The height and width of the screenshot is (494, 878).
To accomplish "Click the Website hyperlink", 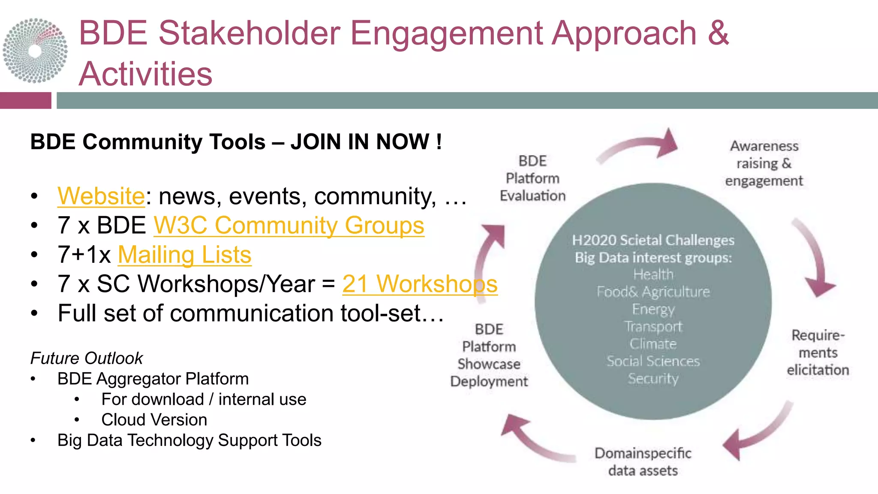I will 101,196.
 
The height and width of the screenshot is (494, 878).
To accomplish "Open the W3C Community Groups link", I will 289,226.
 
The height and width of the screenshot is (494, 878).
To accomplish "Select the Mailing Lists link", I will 184,255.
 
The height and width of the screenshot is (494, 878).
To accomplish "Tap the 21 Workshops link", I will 419,284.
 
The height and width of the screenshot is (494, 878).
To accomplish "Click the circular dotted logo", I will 35,51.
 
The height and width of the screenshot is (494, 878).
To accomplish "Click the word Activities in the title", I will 146,74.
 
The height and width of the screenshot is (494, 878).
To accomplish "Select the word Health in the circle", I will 653,274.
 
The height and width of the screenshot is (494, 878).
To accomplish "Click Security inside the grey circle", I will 653,379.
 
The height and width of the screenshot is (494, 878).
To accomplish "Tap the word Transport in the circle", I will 653,327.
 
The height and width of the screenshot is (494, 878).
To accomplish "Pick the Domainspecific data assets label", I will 643,462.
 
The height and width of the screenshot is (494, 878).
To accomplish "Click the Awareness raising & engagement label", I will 764,163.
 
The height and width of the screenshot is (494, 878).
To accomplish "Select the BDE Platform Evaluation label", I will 532,178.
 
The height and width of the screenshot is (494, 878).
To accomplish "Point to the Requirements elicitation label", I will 818,352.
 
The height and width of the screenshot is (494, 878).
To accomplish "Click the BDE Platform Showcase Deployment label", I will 489,355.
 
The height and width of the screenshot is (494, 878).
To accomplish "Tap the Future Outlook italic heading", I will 86,358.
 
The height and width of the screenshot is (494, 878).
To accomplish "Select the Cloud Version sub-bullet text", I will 154,420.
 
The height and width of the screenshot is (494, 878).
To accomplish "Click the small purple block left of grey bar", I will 25,100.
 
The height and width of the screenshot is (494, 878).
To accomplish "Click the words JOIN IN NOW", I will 366,142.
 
